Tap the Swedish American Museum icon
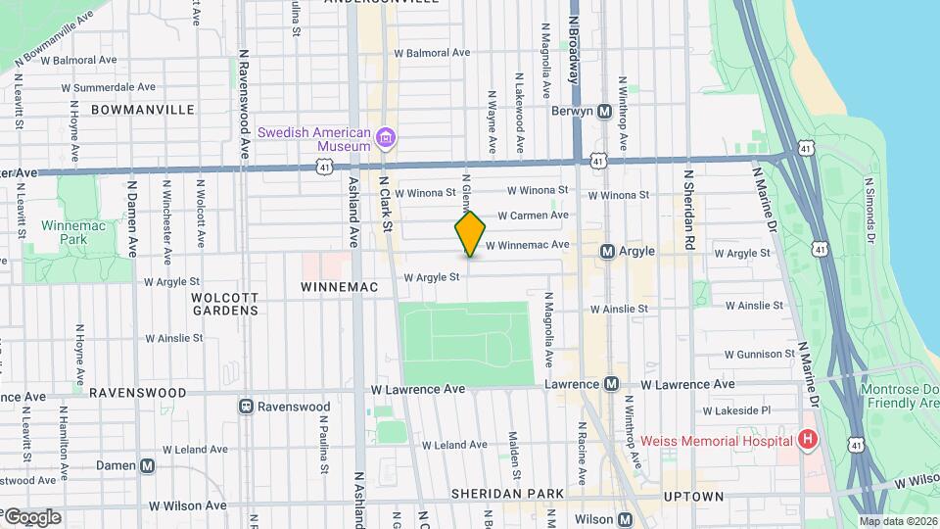coord(386,138)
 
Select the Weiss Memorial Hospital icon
coord(807,440)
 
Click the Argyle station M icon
coord(607,252)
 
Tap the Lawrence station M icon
coord(611,384)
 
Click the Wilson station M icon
coord(625,519)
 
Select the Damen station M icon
coord(147,465)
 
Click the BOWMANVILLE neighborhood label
coord(143,110)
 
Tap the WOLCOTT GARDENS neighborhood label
coord(224,303)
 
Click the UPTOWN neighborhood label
coord(693,497)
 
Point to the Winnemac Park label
coord(66,231)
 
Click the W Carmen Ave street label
coord(533,216)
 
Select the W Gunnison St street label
coord(760,354)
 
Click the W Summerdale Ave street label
coord(104,87)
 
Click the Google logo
coord(31,516)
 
